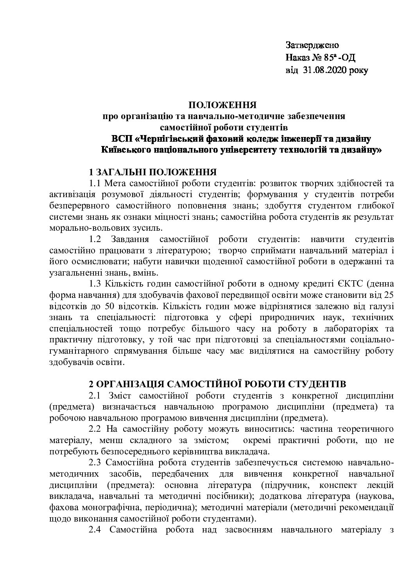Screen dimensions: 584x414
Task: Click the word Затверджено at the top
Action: click(x=312, y=45)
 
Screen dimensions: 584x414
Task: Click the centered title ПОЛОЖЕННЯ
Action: click(x=222, y=105)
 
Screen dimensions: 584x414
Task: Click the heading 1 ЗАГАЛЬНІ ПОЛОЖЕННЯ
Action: click(x=153, y=172)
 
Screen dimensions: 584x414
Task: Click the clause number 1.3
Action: click(x=96, y=283)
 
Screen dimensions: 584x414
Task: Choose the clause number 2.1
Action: click(x=96, y=395)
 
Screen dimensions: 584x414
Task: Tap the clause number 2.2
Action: click(x=96, y=429)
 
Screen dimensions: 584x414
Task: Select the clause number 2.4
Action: click(x=96, y=530)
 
